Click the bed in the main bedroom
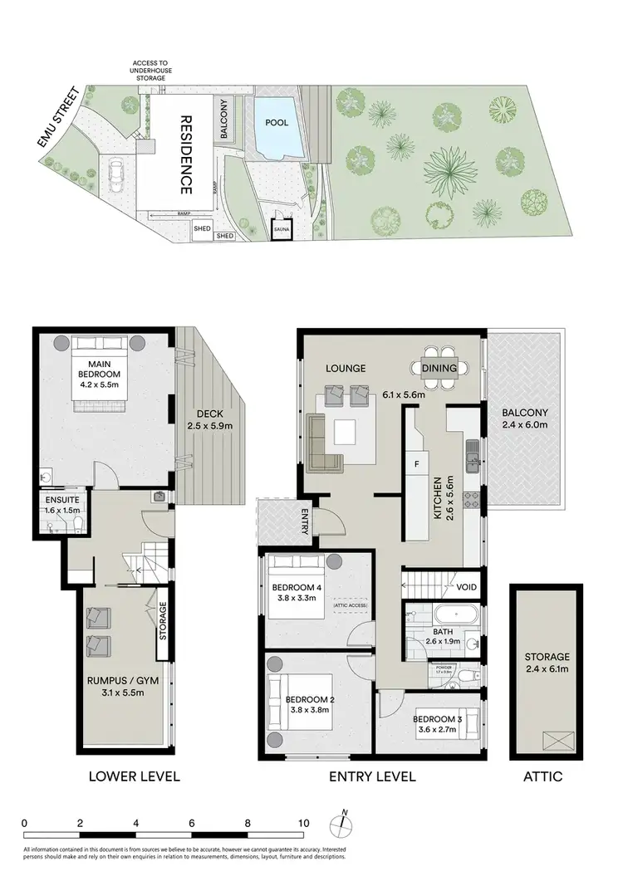[x=100, y=374]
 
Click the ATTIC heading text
[x=545, y=777]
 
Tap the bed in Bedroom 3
[x=455, y=721]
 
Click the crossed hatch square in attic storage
[x=553, y=739]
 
